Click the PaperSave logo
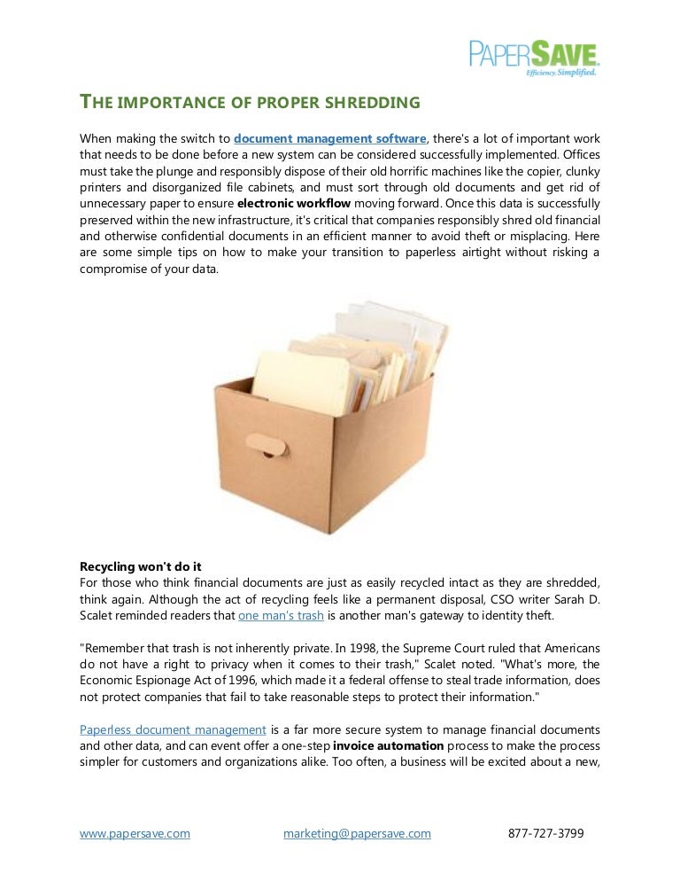point(534,54)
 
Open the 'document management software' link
point(330,139)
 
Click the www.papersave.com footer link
point(135,833)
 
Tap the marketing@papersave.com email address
point(357,833)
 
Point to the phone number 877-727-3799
point(546,833)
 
